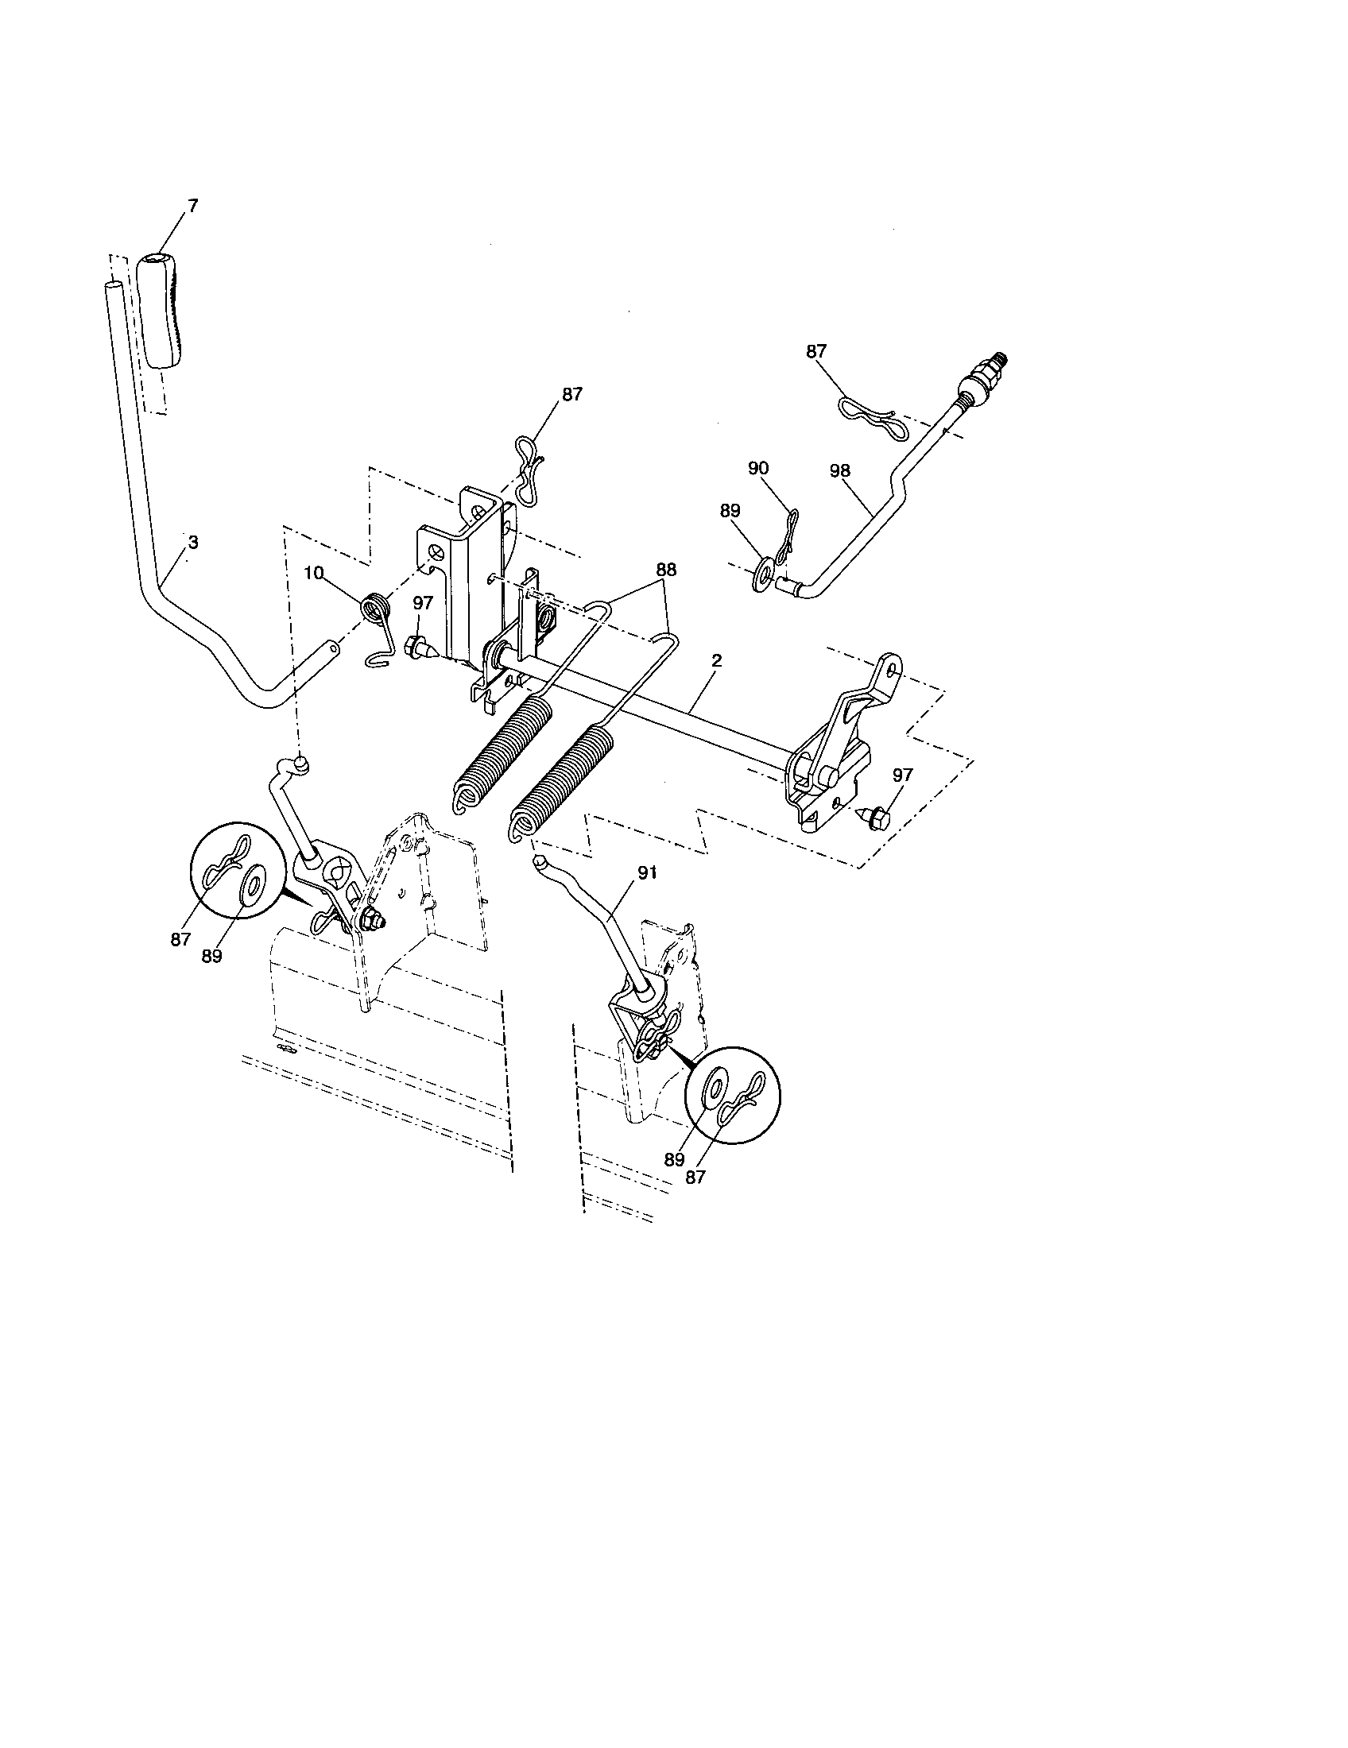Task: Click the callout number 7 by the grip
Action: (192, 206)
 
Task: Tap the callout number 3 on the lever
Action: (192, 542)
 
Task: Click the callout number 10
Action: (314, 573)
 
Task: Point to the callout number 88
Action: (665, 569)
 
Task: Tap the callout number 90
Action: (758, 468)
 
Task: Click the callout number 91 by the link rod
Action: (647, 875)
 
